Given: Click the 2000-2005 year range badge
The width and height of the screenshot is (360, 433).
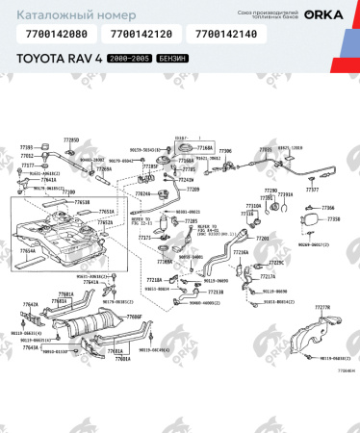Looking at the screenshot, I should click(x=135, y=60).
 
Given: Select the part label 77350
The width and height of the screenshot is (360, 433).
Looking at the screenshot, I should click(x=333, y=219).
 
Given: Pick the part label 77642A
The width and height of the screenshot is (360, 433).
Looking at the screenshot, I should click(x=31, y=304).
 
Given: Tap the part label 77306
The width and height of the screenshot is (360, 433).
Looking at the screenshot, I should click(x=225, y=151).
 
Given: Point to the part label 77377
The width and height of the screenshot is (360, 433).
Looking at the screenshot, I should click(x=312, y=191).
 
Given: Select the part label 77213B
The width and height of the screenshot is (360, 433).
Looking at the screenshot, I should click(x=217, y=291).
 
